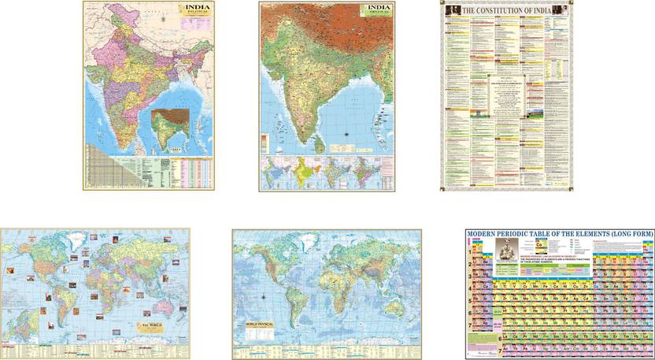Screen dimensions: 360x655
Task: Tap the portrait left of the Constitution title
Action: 450,9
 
